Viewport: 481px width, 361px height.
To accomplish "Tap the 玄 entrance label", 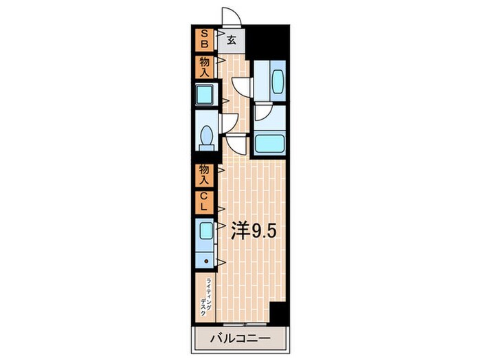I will (232, 41).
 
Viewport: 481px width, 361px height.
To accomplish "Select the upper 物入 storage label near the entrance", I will (204, 67).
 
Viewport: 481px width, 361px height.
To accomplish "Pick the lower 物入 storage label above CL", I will (204, 175).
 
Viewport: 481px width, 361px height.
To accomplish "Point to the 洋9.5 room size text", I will (254, 231).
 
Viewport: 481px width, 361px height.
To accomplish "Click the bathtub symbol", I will (268, 144).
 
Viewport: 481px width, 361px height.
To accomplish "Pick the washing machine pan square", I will (205, 94).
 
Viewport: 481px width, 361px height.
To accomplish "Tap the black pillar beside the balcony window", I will (278, 313).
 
